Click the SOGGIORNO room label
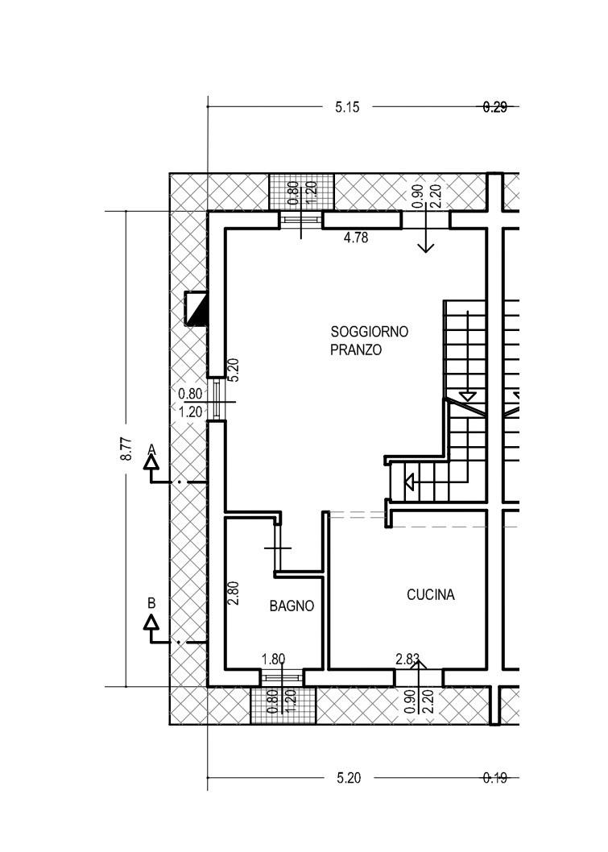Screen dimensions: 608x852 369,332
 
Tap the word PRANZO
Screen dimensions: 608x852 356,349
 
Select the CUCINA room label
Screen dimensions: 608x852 431,594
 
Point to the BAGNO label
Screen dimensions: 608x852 292,606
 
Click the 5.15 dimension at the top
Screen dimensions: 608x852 347,107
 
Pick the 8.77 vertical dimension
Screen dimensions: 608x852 126,449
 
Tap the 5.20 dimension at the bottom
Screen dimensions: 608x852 348,778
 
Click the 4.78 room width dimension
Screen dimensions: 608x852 356,238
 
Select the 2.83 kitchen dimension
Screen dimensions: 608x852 407,660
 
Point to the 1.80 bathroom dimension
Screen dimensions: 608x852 273,660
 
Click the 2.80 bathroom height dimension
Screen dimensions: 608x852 233,594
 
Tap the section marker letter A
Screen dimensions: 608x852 152,449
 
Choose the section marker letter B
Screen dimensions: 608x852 151,603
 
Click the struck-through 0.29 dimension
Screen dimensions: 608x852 495,107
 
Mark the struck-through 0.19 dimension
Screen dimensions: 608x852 495,778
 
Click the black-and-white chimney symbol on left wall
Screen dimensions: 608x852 196,308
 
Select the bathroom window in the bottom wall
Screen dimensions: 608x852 281,677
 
